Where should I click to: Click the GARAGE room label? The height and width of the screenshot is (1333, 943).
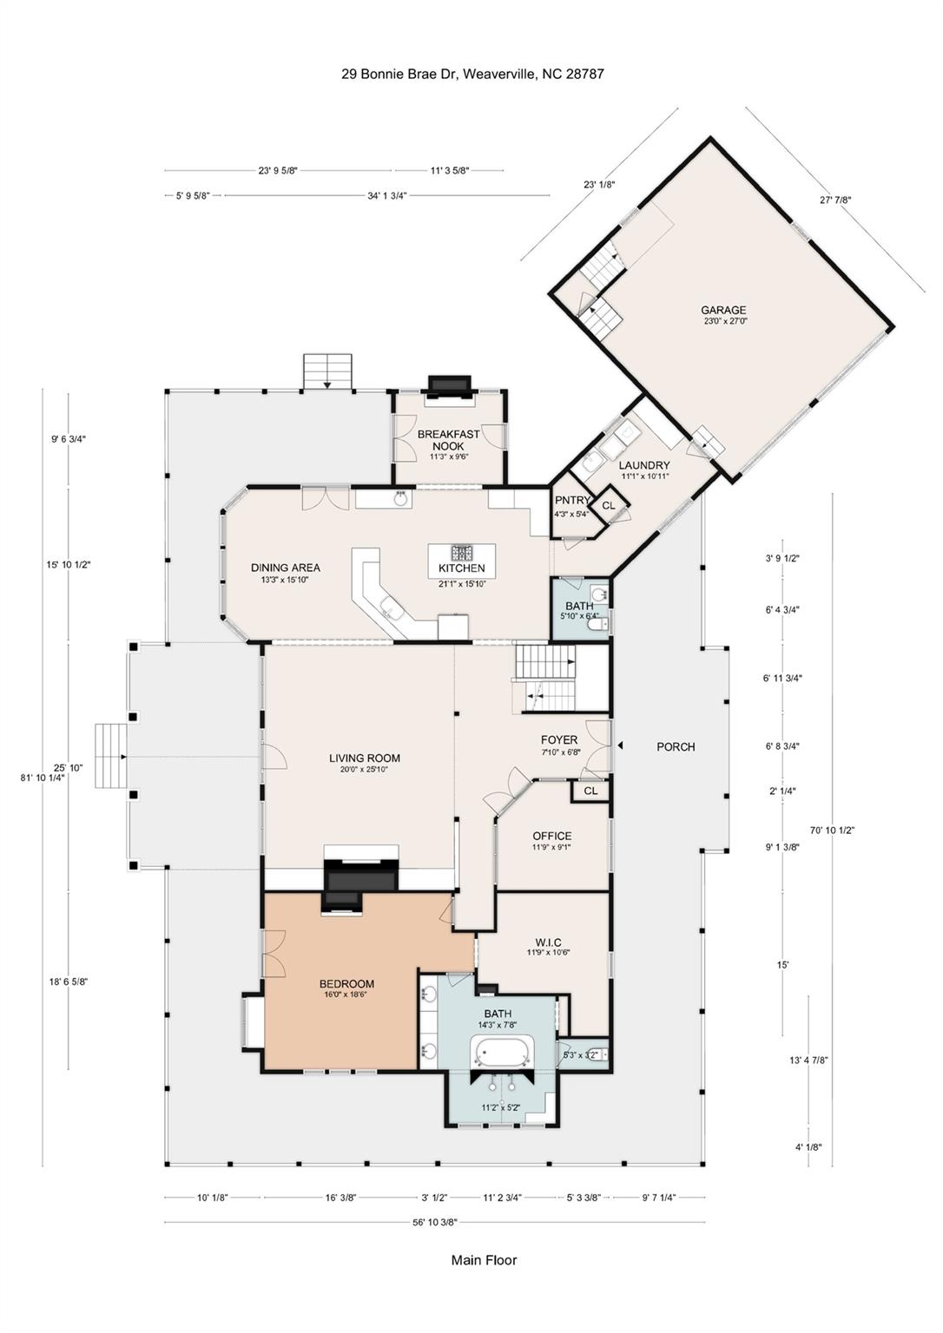coord(723,310)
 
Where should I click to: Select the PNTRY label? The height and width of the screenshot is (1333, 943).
coord(572,501)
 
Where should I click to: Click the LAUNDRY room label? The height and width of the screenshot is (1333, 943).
coord(644,465)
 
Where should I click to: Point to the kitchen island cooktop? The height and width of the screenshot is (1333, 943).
coord(461,553)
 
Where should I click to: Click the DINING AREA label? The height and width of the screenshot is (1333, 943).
coord(286,568)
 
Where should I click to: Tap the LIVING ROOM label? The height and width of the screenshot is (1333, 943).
coord(365,758)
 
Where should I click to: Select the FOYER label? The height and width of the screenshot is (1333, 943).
coord(559,740)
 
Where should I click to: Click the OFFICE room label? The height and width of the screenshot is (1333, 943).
coord(551,836)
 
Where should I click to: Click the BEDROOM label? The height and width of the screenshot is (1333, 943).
coord(346,983)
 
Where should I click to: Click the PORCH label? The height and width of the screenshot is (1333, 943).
coord(676,746)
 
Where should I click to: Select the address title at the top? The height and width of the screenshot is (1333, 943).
coord(472,75)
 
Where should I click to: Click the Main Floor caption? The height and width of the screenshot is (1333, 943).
coord(484,1260)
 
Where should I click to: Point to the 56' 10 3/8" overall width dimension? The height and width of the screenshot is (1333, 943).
coord(435,1222)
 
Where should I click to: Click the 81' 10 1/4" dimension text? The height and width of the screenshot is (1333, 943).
coord(43,778)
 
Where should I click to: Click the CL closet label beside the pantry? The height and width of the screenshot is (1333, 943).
coord(609,505)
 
